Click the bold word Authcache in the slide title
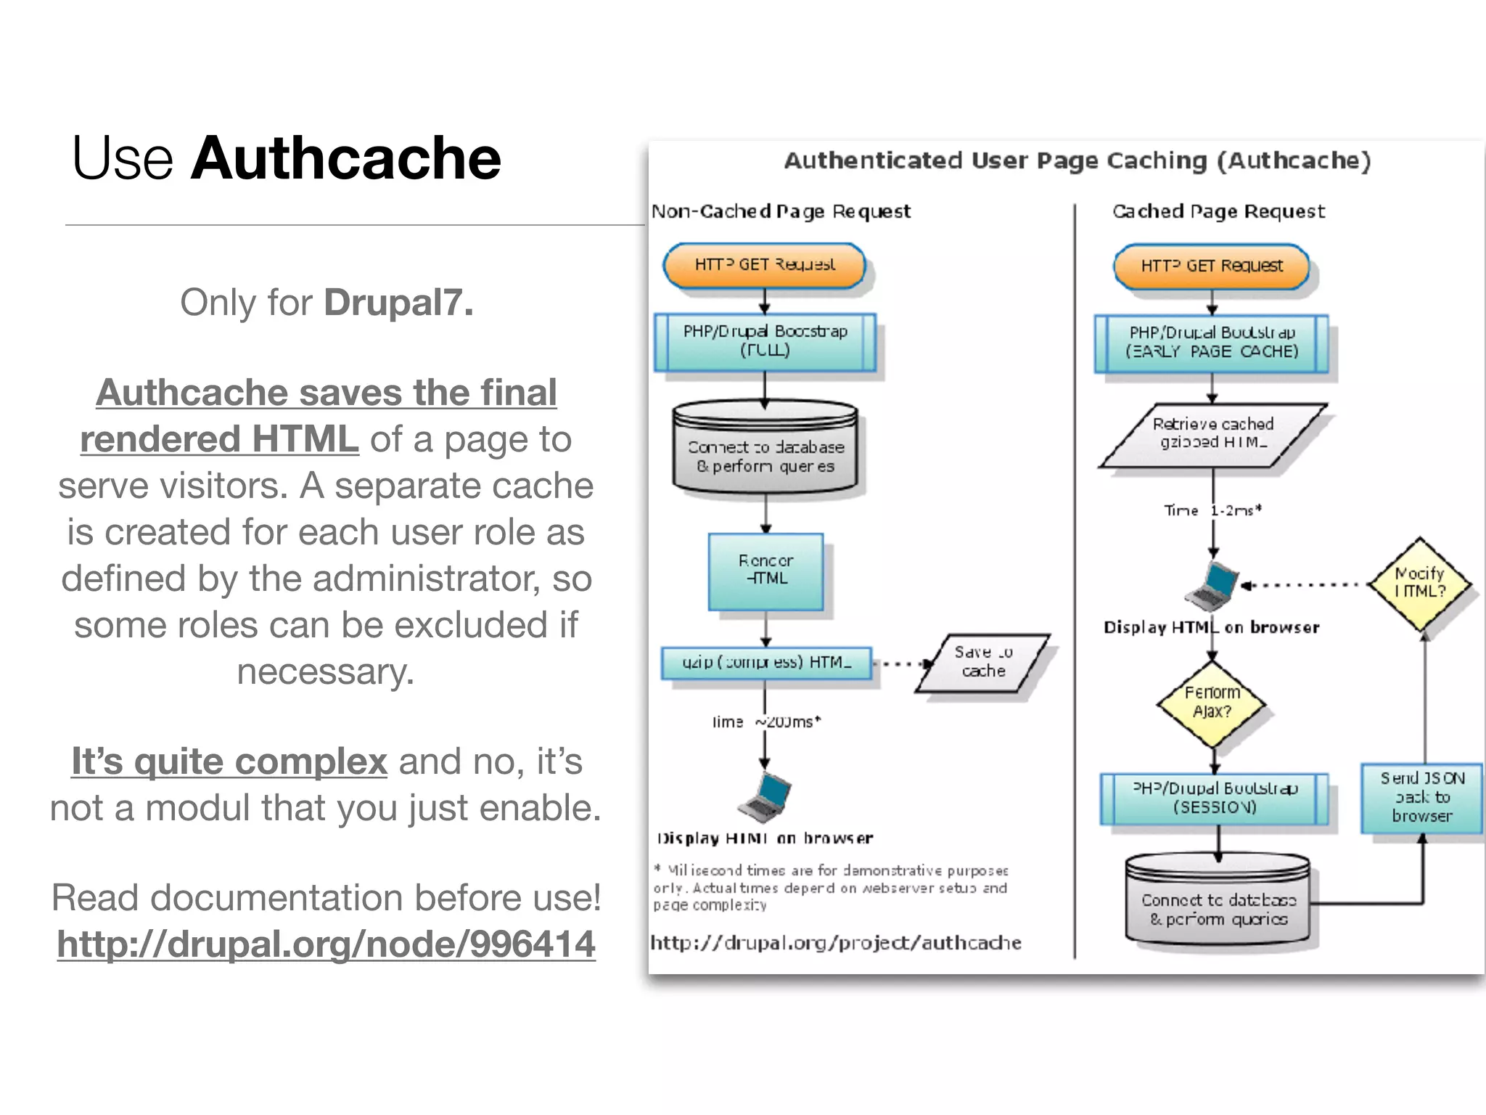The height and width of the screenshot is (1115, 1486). pos(345,158)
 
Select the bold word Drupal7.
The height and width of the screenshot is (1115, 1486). pos(398,302)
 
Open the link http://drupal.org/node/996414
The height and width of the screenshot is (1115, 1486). pos(326,944)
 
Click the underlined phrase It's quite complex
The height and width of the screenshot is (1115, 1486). pos(229,761)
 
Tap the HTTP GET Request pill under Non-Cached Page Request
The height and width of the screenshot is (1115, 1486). pos(764,265)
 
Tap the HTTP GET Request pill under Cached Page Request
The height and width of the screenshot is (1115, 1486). pos(1211,266)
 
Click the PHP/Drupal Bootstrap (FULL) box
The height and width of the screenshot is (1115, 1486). pos(765,341)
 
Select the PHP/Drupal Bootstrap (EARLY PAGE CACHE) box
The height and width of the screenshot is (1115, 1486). pos(1211,343)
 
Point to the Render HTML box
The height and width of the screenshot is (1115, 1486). pos(765,571)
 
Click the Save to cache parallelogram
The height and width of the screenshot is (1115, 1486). pos(982,662)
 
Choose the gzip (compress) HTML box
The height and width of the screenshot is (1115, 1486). pos(766,662)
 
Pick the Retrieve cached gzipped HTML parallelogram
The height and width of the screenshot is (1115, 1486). pos(1212,434)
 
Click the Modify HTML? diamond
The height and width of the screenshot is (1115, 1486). pos(1419,583)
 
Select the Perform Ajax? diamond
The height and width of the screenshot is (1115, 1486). pos(1212,703)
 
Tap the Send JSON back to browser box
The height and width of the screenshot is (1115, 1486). pos(1421,797)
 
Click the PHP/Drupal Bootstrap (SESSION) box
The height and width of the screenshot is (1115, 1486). pos(1214,798)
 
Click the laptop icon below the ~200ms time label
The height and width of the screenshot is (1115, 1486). pos(764,797)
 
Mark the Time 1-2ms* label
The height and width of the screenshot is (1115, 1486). pos(1212,510)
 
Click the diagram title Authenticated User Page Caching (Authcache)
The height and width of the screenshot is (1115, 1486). pos(1077,160)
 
